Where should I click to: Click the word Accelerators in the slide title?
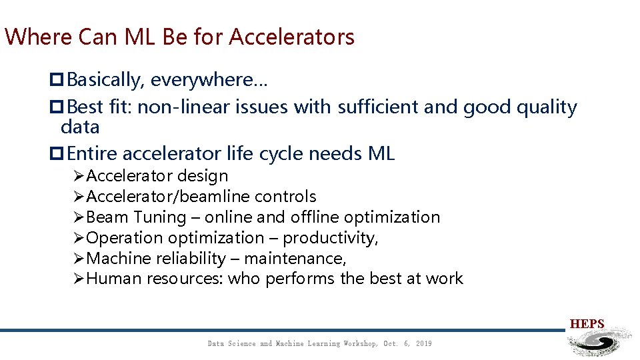pyautogui.click(x=291, y=37)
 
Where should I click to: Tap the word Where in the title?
pyautogui.click(x=38, y=37)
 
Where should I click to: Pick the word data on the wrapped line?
pyautogui.click(x=80, y=127)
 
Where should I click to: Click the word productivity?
pyautogui.click(x=329, y=238)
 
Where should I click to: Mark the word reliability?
pyautogui.click(x=190, y=259)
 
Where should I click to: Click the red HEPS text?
pyautogui.click(x=587, y=324)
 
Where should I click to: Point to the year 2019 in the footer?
pyautogui.click(x=423, y=343)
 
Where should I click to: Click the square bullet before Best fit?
pyautogui.click(x=56, y=107)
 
